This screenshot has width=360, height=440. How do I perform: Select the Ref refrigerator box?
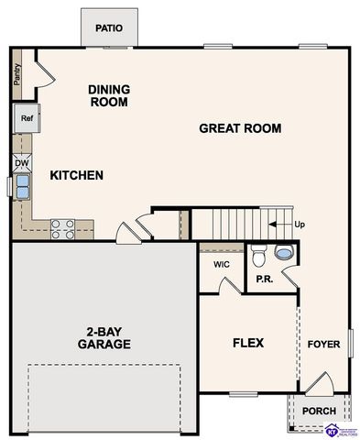(x=27, y=117)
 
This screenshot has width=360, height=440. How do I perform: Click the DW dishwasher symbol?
(x=22, y=164)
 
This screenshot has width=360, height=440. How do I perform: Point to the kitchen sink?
(x=22, y=186)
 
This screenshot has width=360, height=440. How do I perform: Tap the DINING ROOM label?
(x=108, y=95)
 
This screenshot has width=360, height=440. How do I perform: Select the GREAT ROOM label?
(x=240, y=128)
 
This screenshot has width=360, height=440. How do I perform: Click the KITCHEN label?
(x=76, y=175)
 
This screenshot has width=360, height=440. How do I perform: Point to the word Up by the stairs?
(x=299, y=225)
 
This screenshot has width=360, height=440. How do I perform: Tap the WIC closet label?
(x=221, y=265)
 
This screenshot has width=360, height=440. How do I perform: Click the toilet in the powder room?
(x=258, y=253)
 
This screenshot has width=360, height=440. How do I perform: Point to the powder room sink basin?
(x=284, y=252)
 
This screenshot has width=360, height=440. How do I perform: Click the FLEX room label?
(x=247, y=343)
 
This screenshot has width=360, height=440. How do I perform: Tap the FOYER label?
(x=323, y=345)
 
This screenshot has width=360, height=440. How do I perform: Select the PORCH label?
(x=319, y=411)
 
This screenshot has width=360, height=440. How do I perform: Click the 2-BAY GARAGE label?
(x=104, y=338)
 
